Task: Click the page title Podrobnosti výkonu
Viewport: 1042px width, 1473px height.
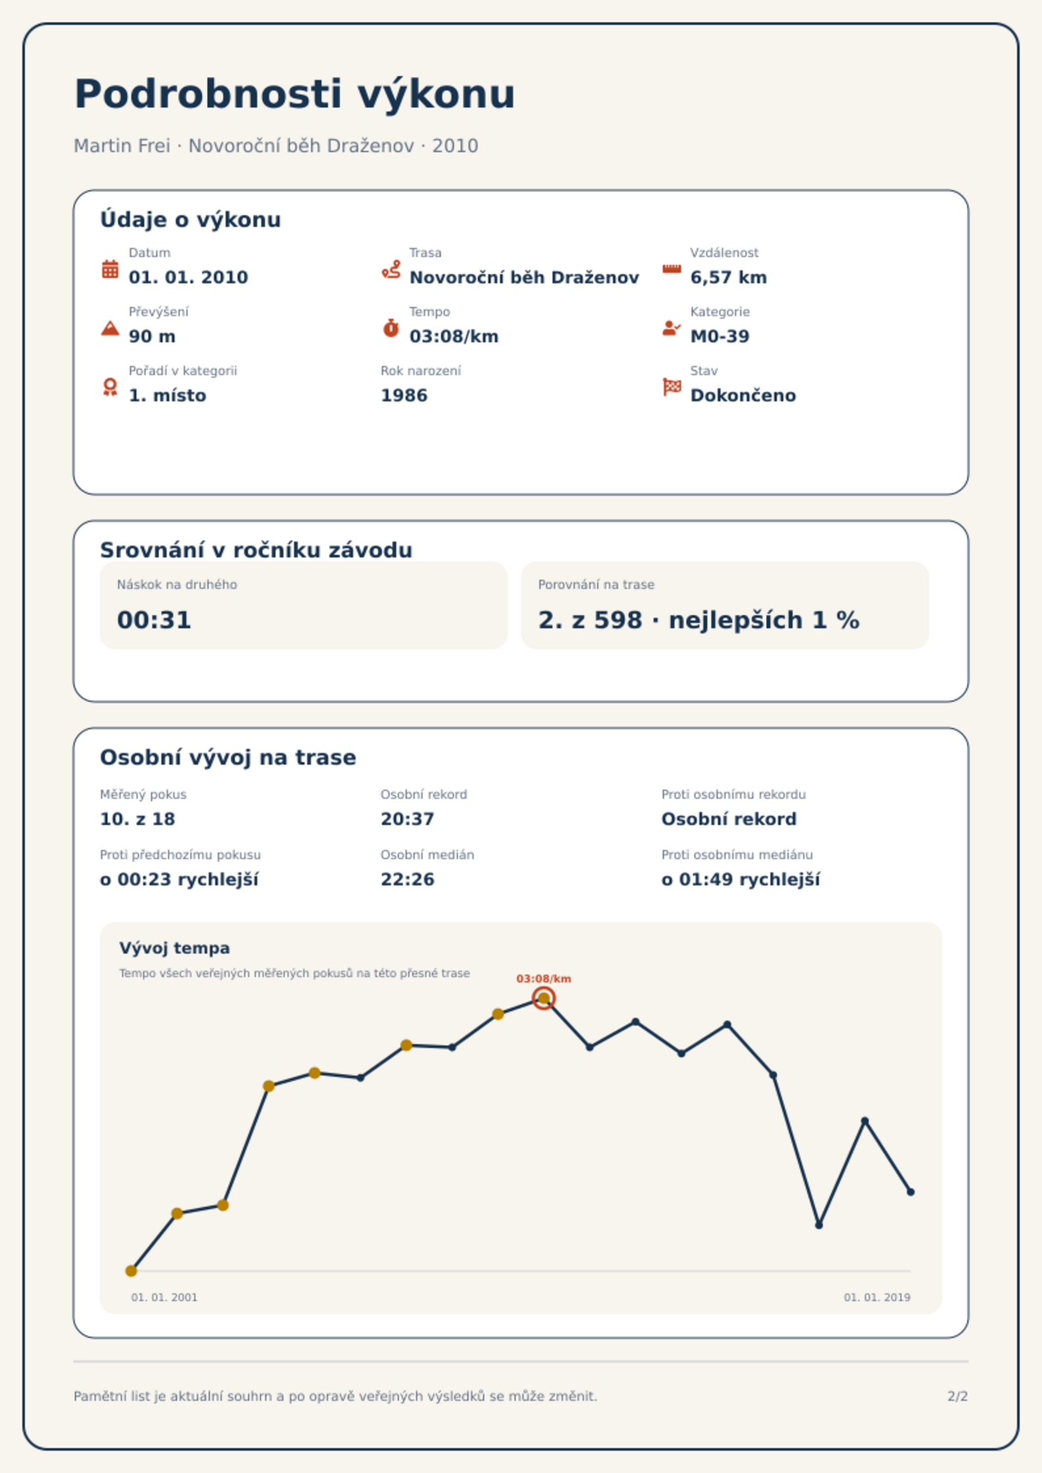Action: pos(295,94)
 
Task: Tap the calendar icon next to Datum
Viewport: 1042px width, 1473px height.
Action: pos(110,269)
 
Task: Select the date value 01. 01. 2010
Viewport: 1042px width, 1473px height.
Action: pos(188,277)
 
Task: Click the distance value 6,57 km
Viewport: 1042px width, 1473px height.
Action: pos(728,277)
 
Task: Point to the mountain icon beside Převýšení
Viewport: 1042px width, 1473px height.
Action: pos(110,328)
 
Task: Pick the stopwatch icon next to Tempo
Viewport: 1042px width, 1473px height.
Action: pos(391,328)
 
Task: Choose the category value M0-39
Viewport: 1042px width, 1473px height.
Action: pos(720,336)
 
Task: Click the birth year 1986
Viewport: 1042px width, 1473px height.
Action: pos(404,395)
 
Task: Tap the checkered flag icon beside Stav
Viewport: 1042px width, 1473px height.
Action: pos(672,387)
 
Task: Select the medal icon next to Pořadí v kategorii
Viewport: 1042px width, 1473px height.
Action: pos(110,387)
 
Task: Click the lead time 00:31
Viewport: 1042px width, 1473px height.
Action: pos(154,620)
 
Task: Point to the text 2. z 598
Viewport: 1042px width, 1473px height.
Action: pos(590,620)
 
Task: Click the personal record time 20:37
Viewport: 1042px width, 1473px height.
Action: pos(407,819)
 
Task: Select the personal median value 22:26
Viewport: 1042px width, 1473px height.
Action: pos(407,879)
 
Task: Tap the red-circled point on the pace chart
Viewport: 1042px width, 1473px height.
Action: pos(544,999)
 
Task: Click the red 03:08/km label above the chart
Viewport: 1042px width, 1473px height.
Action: pos(544,979)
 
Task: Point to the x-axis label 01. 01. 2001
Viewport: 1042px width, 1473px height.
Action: pos(164,1297)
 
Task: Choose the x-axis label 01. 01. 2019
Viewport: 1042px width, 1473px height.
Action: pos(877,1297)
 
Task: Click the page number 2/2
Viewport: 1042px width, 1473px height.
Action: pos(958,1396)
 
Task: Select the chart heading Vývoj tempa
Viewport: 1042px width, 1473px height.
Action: pos(175,948)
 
